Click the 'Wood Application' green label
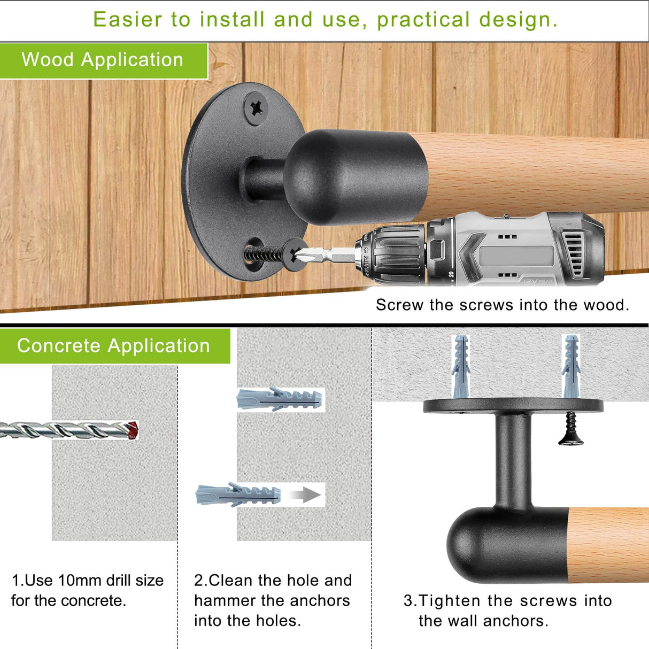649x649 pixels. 103,61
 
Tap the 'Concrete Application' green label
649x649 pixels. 115,346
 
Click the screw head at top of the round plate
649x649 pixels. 256,109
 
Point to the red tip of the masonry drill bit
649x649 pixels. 133,430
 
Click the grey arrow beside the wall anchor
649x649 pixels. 305,495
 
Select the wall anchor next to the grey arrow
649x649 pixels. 238,495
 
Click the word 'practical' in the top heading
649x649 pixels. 423,20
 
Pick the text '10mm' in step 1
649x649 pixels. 80,581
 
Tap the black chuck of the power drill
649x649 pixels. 391,254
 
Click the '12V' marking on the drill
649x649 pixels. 530,280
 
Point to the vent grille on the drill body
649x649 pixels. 573,253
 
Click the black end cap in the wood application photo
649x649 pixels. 356,177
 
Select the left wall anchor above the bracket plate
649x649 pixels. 460,366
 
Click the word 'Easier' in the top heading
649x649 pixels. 128,19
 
